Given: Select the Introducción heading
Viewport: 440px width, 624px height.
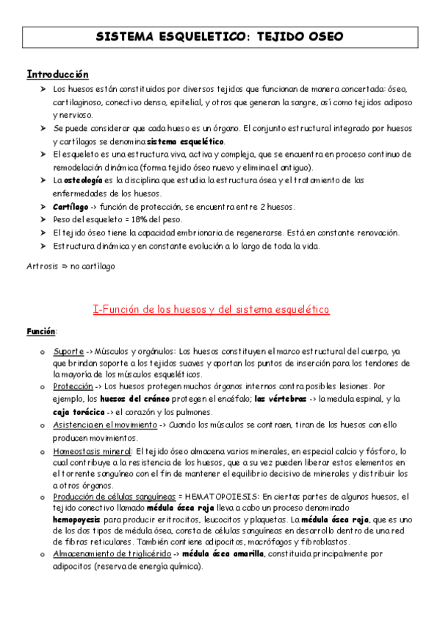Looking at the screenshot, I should [57, 74].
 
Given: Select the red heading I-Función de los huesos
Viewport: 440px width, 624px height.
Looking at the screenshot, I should [211, 309].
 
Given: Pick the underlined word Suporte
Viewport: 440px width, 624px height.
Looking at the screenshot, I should [68, 352].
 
